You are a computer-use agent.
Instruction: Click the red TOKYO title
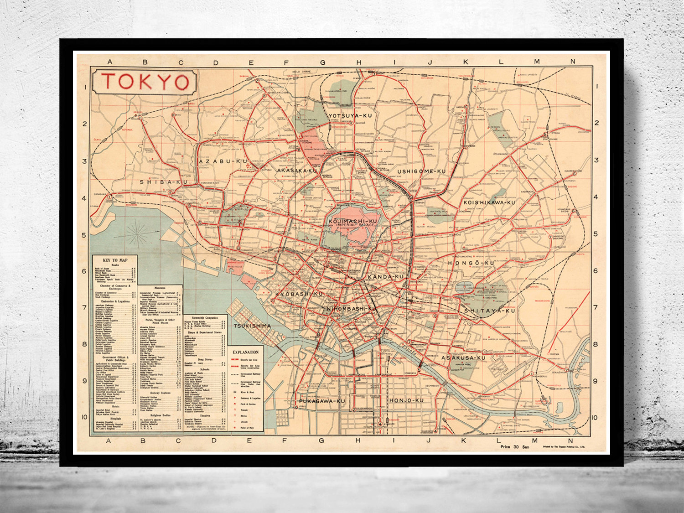coord(145,82)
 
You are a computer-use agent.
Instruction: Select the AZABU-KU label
coord(223,161)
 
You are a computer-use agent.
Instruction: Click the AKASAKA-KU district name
coord(297,171)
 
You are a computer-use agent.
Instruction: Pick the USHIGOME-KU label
coord(421,171)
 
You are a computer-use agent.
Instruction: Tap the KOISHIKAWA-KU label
coord(489,202)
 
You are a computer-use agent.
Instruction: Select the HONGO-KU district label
coord(471,264)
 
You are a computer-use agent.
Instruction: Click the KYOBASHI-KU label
coord(299,294)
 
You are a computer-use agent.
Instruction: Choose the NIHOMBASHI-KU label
coord(351,309)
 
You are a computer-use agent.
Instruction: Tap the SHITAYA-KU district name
coord(489,311)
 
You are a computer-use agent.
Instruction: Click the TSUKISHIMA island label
coord(252,326)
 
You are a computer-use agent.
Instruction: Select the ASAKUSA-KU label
coord(463,358)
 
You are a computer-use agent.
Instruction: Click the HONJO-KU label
coord(406,400)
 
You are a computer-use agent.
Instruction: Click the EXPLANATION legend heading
coord(245,352)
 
